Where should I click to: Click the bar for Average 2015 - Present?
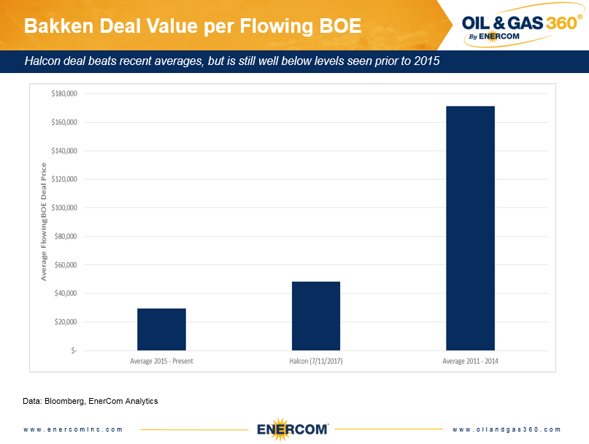point(161,329)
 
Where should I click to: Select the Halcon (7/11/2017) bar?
point(315,315)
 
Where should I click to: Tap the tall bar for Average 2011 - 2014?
point(470,228)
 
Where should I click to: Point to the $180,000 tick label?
point(63,93)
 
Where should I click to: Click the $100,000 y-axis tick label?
point(63,207)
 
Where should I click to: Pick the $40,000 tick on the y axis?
point(66,294)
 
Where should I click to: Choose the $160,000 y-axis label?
point(63,122)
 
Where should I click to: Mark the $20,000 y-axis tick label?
point(66,322)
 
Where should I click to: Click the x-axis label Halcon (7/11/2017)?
point(315,361)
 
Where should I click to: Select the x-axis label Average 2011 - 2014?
point(470,361)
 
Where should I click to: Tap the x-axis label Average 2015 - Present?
point(161,361)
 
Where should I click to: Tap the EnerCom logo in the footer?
point(292,429)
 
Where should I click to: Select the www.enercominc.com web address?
point(73,429)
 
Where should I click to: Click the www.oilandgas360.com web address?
point(507,429)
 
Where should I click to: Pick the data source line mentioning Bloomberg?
point(91,401)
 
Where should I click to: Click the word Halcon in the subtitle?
point(44,61)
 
